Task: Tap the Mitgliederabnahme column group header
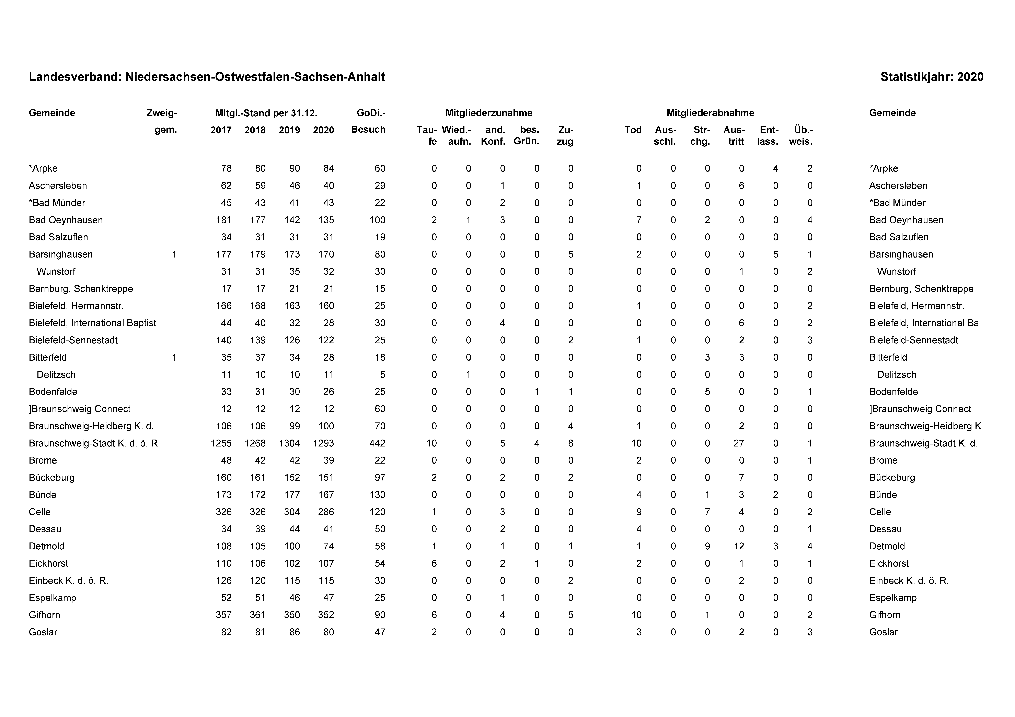710,113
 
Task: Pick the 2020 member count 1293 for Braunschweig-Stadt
323,443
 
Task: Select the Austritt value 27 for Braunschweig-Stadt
739,443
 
